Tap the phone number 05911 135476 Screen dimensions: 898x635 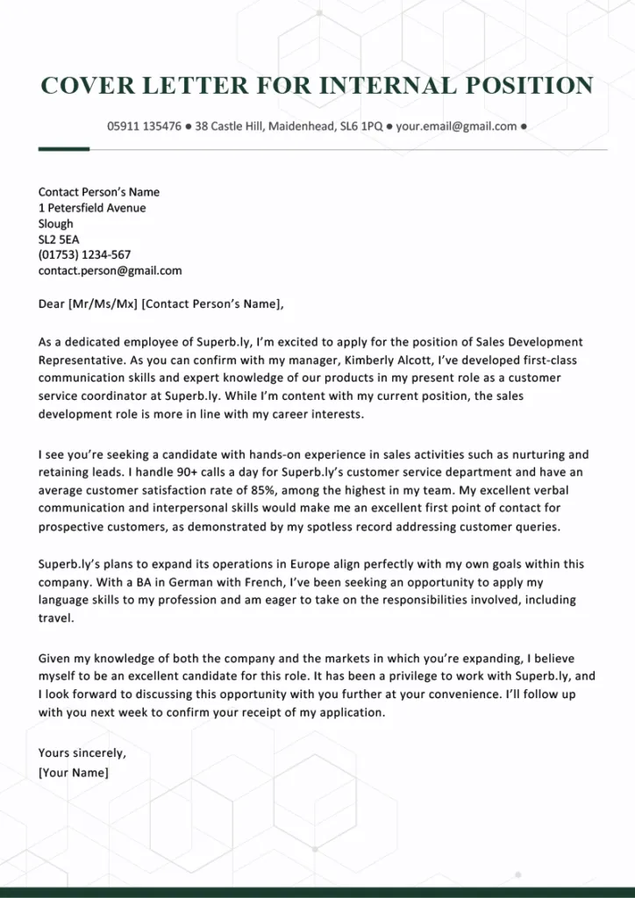tap(144, 126)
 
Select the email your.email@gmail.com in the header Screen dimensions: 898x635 tap(456, 126)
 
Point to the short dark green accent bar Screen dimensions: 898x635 tap(64, 149)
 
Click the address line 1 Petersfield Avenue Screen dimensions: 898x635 tap(92, 208)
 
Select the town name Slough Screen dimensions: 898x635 tap(56, 224)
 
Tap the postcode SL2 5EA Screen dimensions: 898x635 tap(59, 239)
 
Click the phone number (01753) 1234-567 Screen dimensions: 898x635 tap(84, 255)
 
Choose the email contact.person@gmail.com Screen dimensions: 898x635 tap(110, 271)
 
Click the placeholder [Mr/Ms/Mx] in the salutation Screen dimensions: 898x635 tap(103, 304)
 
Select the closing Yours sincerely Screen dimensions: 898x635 tap(82, 752)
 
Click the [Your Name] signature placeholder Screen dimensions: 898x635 tap(74, 773)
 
